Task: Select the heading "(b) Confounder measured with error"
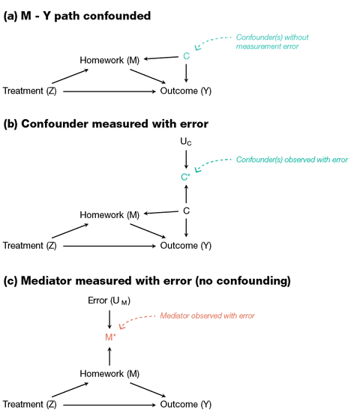pyautogui.click(x=104, y=124)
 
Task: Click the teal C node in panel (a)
pyautogui.click(x=185, y=55)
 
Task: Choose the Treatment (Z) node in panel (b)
pyautogui.click(x=30, y=245)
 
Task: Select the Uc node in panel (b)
pyautogui.click(x=186, y=142)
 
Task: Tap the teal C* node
pyautogui.click(x=186, y=177)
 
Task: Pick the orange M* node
pyautogui.click(x=111, y=337)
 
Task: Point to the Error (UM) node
pyautogui.click(x=110, y=301)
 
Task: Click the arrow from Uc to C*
pyautogui.click(x=185, y=159)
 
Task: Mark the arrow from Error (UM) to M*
pyautogui.click(x=111, y=319)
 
